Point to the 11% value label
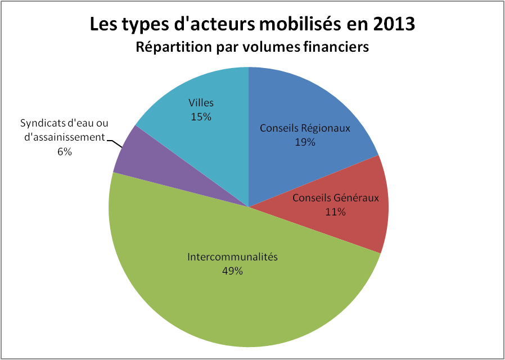pyautogui.click(x=336, y=212)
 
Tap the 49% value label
pyautogui.click(x=232, y=271)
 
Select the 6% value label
pyautogui.click(x=64, y=151)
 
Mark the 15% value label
pyautogui.click(x=201, y=117)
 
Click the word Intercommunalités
pyautogui.click(x=232, y=257)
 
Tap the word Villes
pyautogui.click(x=201, y=103)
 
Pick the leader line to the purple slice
pyautogui.click(x=116, y=142)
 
